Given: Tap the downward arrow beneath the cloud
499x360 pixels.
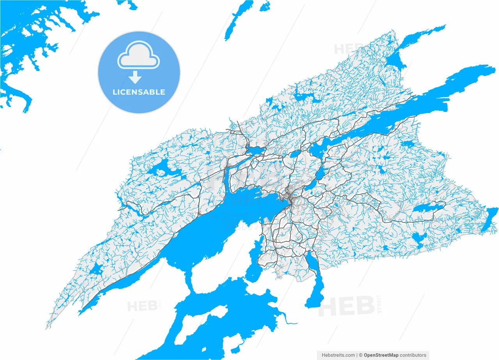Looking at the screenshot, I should [x=135, y=77].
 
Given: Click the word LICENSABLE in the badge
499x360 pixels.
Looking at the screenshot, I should [x=139, y=92].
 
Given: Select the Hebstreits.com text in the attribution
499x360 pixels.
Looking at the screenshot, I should [x=338, y=355].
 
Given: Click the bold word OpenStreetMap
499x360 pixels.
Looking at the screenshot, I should [x=381, y=355].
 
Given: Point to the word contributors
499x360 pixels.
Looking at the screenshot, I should [x=413, y=355].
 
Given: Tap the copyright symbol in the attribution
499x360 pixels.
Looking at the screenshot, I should [x=361, y=355].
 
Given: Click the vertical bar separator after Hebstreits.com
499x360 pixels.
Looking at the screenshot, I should [x=357, y=355].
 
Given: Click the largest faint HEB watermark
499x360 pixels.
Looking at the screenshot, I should [x=346, y=306].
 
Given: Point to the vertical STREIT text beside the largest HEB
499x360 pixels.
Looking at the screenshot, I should [x=379, y=305].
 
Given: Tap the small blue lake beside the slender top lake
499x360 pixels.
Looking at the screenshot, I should [x=265, y=6].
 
